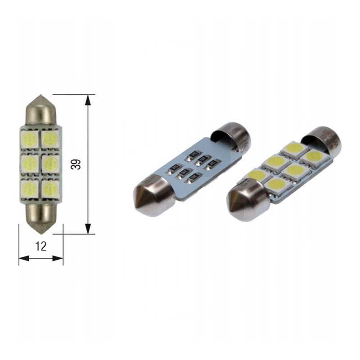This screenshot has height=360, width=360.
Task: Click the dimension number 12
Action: [x=41, y=246]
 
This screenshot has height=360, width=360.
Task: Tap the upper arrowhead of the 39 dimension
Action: [x=88, y=100]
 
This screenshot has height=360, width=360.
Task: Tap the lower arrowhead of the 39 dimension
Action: [x=88, y=229]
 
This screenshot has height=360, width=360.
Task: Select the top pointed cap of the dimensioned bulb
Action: [x=40, y=110]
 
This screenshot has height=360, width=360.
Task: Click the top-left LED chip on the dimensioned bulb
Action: [x=30, y=139]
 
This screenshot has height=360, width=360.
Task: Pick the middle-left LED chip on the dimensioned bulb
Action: [x=30, y=163]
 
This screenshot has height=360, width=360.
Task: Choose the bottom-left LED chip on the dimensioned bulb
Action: [x=30, y=188]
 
